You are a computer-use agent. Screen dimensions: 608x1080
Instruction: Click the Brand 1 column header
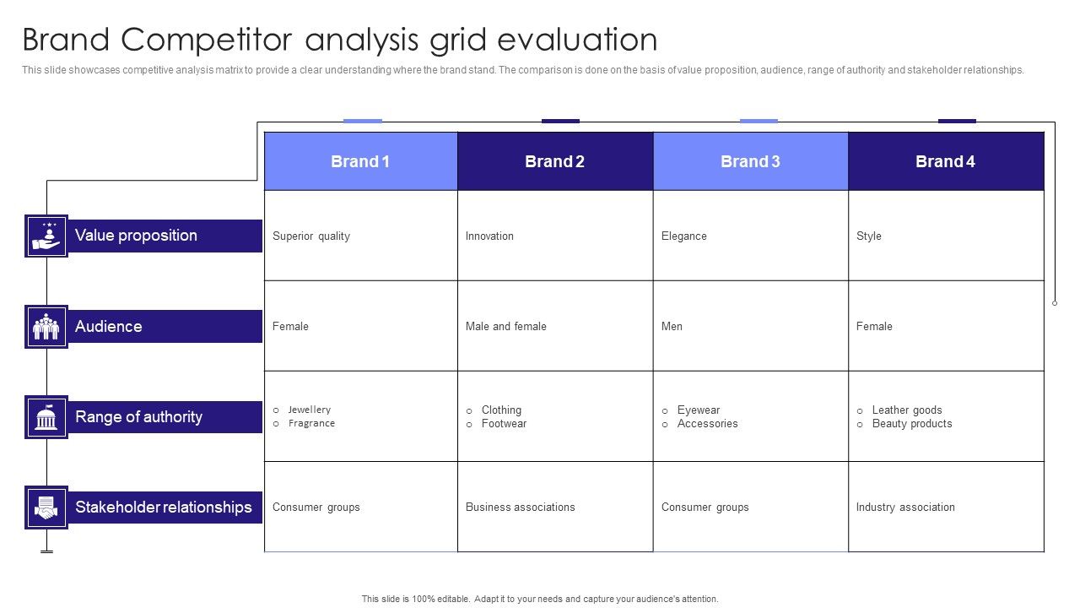click(360, 161)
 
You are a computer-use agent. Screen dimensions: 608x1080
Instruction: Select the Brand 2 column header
click(554, 161)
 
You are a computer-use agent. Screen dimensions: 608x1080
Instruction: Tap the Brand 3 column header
click(750, 161)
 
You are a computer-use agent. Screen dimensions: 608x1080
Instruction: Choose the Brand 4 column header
click(945, 161)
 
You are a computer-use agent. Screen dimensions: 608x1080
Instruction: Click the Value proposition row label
click(136, 236)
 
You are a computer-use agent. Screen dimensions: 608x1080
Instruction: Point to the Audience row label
click(109, 327)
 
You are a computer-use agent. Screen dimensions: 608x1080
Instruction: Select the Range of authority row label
click(138, 417)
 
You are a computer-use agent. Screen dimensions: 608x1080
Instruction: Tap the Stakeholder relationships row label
click(164, 508)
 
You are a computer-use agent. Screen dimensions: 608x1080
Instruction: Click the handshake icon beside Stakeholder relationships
click(46, 508)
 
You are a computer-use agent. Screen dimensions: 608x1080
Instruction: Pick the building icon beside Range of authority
click(46, 417)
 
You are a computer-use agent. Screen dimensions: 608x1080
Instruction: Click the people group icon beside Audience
click(46, 327)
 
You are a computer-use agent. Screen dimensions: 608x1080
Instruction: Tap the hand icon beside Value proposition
click(46, 236)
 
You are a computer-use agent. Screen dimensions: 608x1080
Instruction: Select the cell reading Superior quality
click(311, 236)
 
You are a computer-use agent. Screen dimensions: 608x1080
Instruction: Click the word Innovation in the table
click(489, 236)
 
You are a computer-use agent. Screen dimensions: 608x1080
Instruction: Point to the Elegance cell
click(684, 236)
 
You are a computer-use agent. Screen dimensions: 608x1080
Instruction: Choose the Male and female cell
click(506, 327)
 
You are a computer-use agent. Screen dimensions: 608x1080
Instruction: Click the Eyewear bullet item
click(698, 410)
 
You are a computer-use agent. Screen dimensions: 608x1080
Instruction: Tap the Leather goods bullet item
click(906, 410)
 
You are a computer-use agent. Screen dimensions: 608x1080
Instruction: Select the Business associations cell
click(520, 508)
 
